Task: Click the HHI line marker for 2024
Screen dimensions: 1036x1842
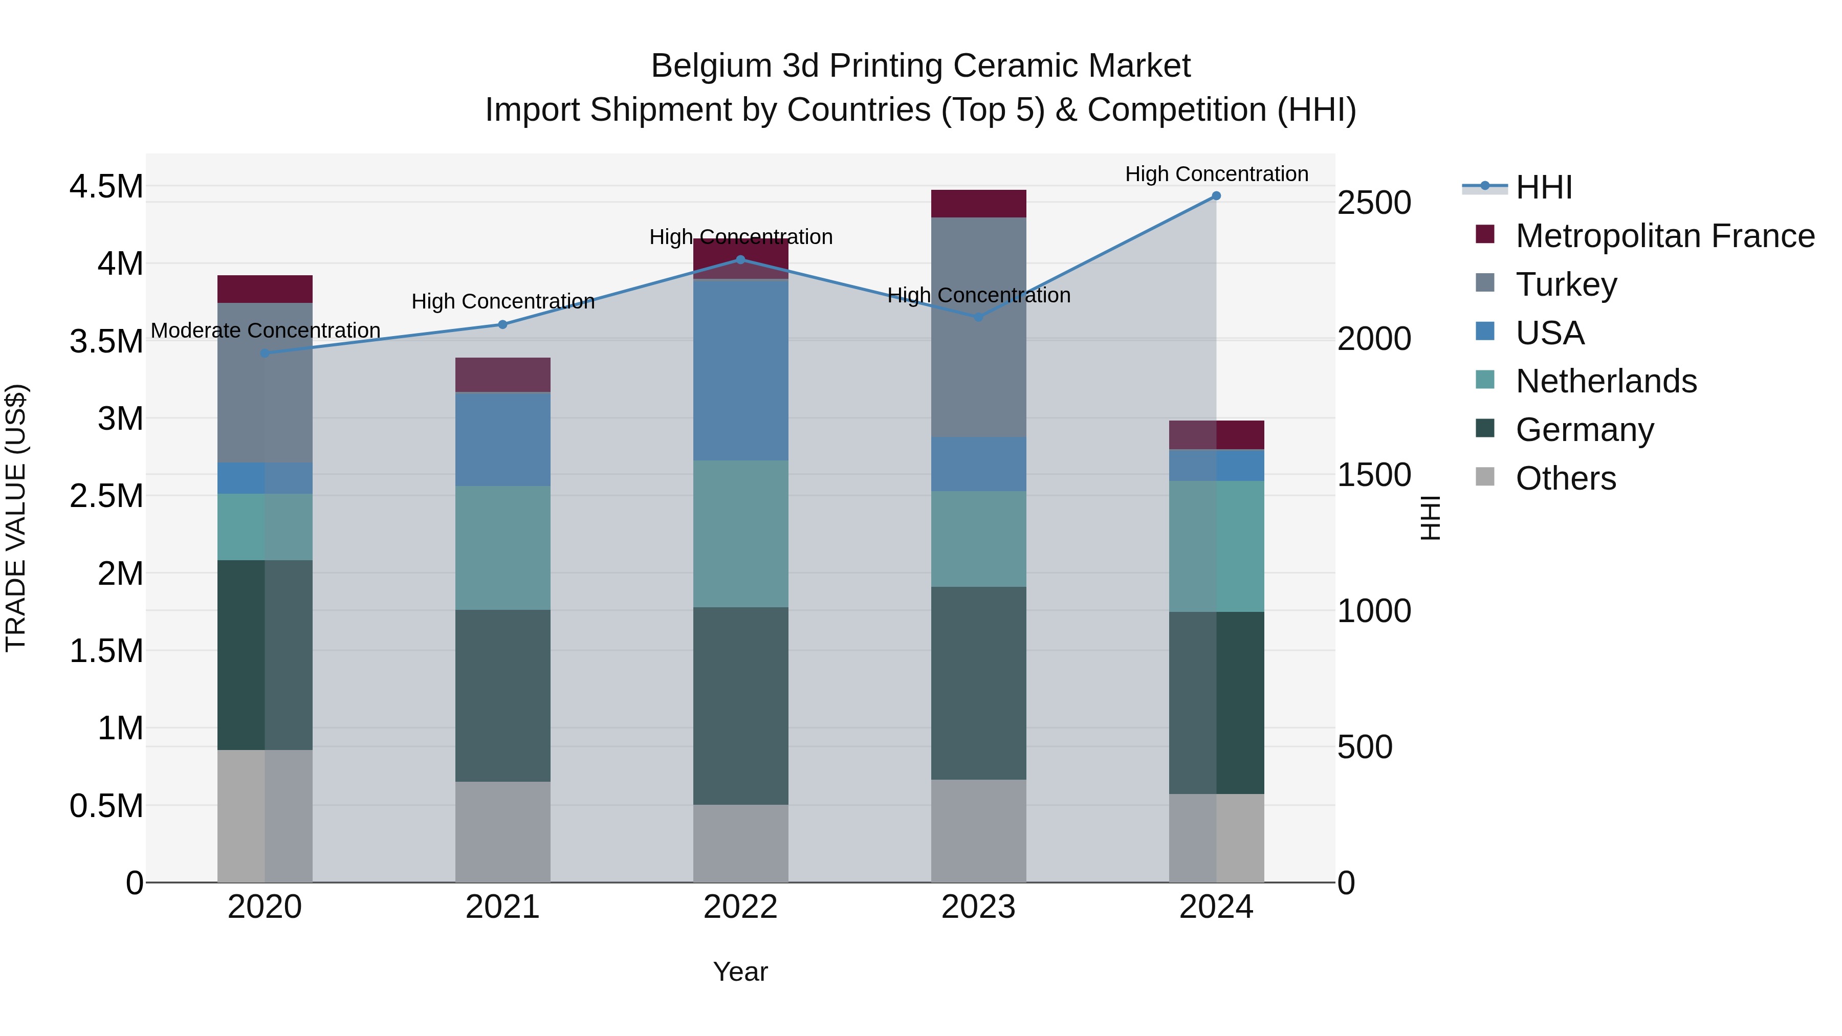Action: click(1216, 196)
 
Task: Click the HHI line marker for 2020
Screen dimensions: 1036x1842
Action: click(265, 353)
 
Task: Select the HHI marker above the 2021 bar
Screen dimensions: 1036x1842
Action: click(502, 324)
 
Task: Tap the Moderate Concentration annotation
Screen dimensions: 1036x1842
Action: click(265, 330)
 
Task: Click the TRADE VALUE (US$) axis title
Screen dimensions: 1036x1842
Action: click(16, 518)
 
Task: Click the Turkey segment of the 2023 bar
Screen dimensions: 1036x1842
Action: click(978, 327)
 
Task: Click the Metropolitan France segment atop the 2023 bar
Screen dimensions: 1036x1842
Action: click(978, 204)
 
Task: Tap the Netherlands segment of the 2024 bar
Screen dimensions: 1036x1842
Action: click(1216, 546)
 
